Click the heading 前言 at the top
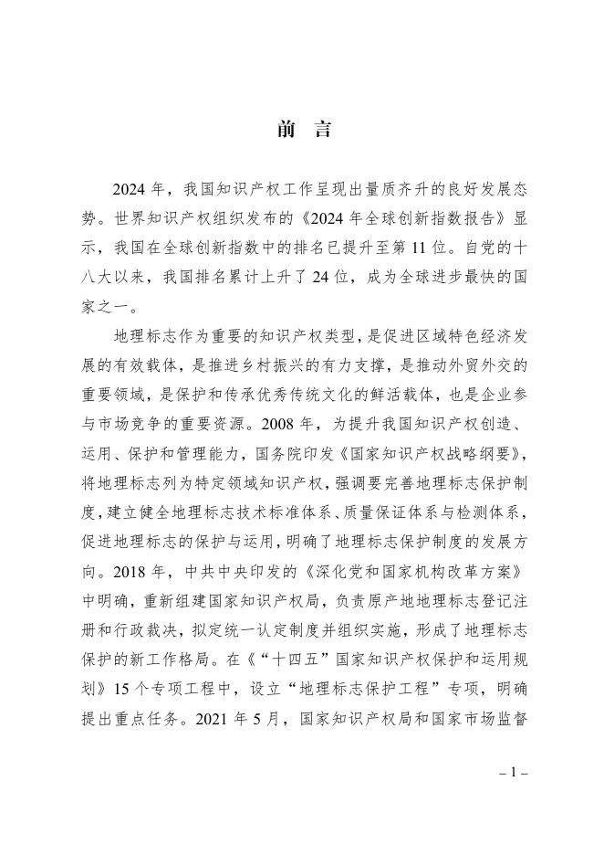coord(302,130)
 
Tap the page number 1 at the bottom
coord(514,772)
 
